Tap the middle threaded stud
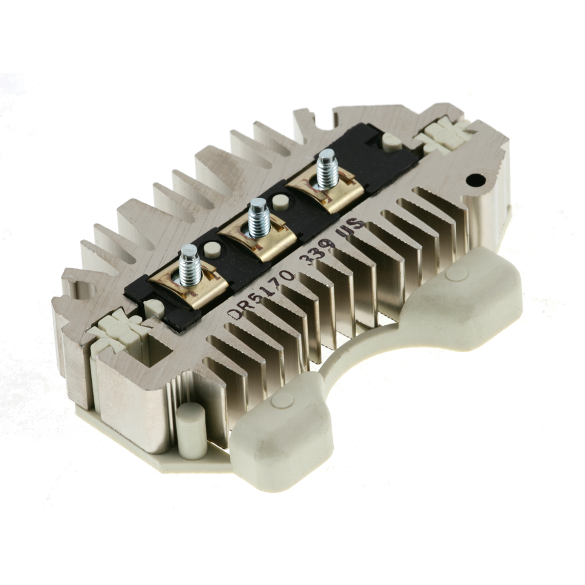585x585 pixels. [259, 218]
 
